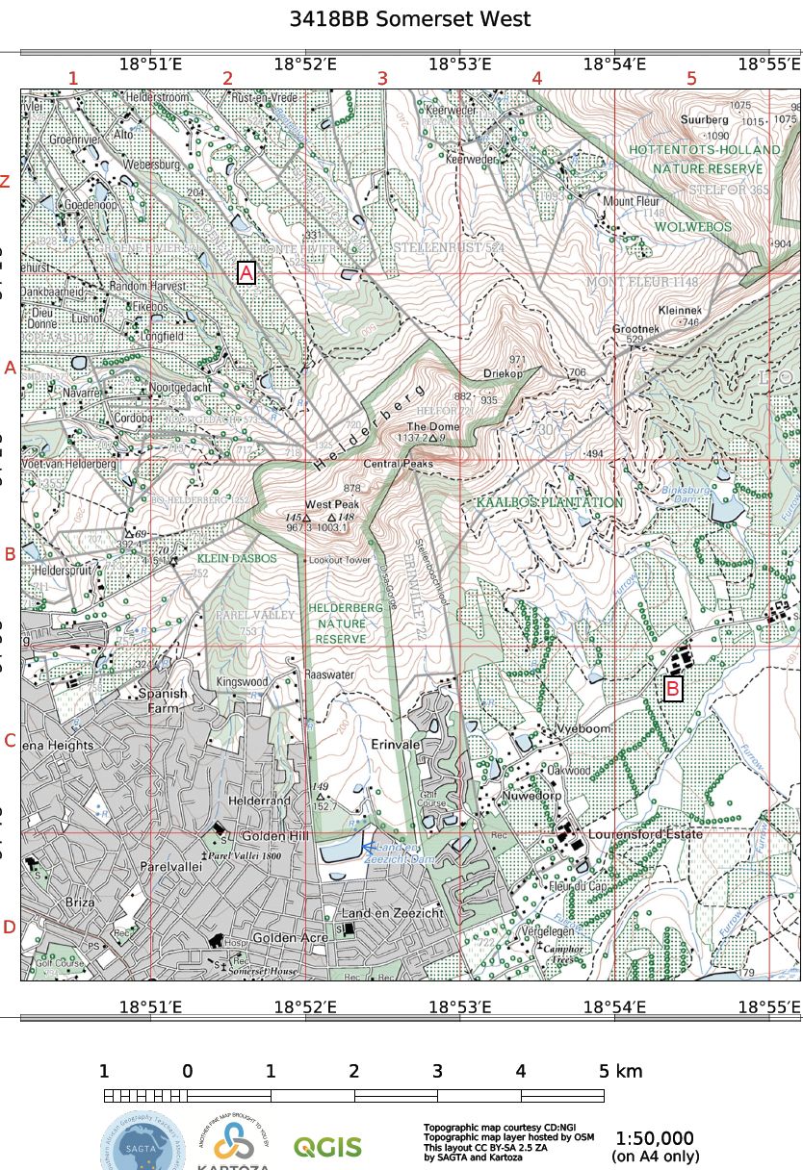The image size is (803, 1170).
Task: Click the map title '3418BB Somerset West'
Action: [x=409, y=19]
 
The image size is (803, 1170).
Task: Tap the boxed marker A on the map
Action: [x=246, y=273]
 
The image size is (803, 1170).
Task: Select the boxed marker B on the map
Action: [x=673, y=689]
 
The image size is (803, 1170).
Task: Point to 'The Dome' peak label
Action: [x=433, y=426]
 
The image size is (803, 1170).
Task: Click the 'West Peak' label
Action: [x=332, y=504]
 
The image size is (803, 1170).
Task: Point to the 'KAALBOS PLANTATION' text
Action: [x=549, y=502]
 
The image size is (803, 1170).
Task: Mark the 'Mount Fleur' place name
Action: [x=631, y=202]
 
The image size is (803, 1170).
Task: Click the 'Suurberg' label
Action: [x=705, y=120]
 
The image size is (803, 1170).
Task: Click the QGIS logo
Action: [x=327, y=1147]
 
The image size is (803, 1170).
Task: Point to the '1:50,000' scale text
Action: [x=655, y=1137]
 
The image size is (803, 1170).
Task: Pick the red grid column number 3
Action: [x=382, y=79]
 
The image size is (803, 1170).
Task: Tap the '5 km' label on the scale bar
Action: [x=620, y=1071]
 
